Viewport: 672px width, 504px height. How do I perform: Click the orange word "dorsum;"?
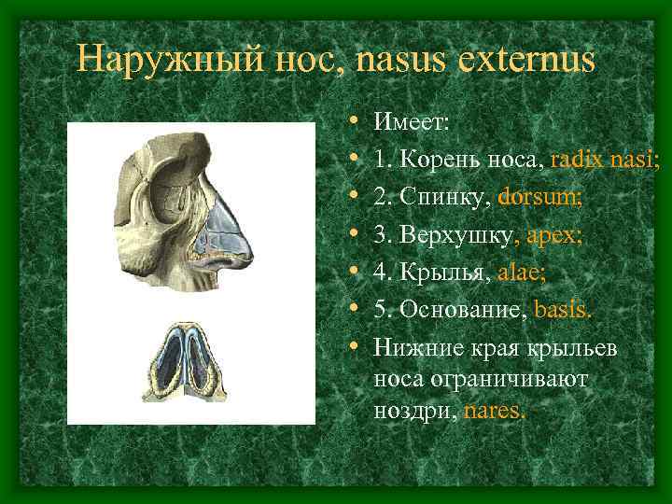(540, 198)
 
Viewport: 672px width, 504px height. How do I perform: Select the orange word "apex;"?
(554, 236)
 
